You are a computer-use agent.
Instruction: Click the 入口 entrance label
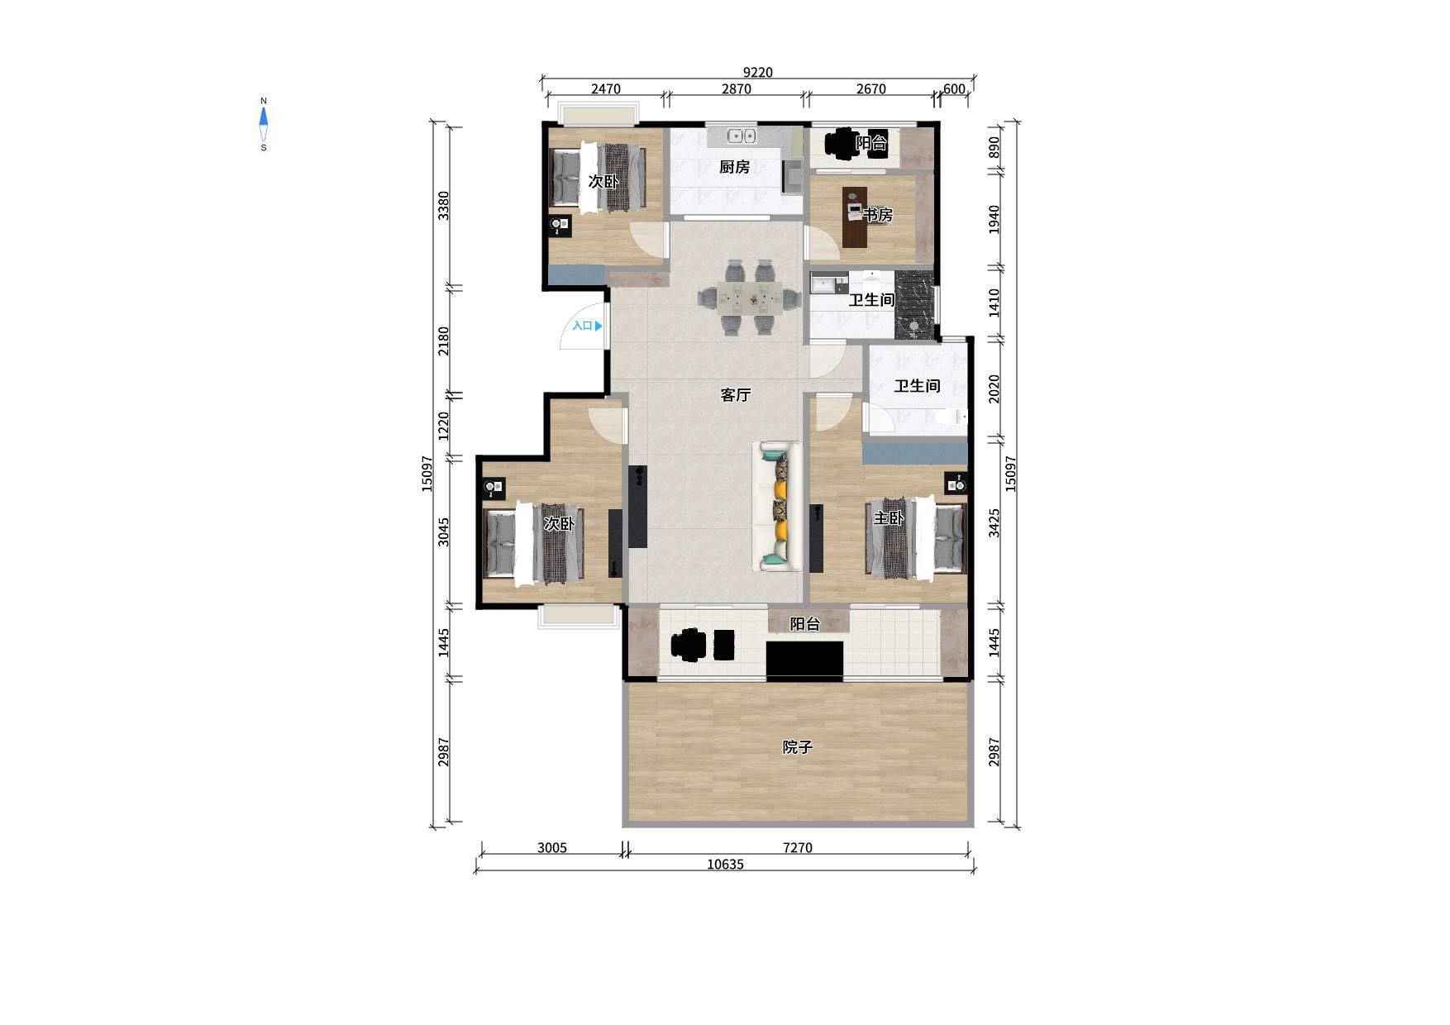click(x=583, y=326)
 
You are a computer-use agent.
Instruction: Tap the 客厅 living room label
click(x=735, y=395)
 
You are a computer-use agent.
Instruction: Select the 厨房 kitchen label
click(x=734, y=167)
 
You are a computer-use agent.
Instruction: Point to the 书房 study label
click(x=878, y=215)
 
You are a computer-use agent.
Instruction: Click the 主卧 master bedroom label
click(x=889, y=518)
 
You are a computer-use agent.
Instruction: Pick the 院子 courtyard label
click(x=798, y=747)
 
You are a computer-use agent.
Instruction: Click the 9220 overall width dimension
click(x=757, y=72)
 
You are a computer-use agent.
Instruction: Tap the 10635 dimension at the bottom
click(x=725, y=865)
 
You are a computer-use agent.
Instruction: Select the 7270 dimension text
click(x=797, y=847)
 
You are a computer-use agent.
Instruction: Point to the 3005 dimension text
click(x=551, y=847)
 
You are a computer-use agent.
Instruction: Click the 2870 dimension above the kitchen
click(x=736, y=89)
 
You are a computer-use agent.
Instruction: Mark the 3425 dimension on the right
click(x=994, y=523)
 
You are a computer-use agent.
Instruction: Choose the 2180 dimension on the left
click(x=444, y=341)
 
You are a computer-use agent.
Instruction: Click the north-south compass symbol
click(x=264, y=124)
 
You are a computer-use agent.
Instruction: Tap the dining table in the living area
click(x=750, y=298)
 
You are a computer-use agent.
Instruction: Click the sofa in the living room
click(x=777, y=507)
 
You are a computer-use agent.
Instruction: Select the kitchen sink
click(x=742, y=136)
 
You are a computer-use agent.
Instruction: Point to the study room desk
click(x=855, y=217)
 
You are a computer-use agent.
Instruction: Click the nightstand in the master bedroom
click(x=956, y=484)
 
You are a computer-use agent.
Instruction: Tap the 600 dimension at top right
click(x=954, y=89)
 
